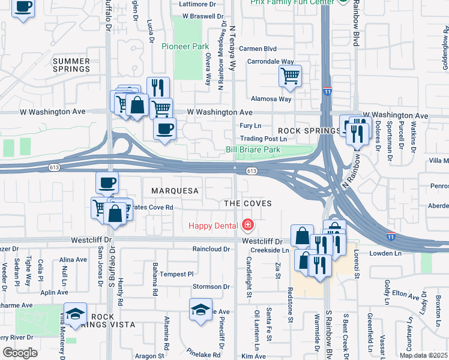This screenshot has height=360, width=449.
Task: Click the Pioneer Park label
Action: (x=185, y=46)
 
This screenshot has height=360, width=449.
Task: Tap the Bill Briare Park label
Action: (x=253, y=149)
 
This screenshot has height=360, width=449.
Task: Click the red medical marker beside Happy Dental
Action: (x=247, y=226)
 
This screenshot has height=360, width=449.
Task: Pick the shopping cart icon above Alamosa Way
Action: (x=290, y=76)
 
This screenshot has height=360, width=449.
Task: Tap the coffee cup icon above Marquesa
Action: (x=107, y=182)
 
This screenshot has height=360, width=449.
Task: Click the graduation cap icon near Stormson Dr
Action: (x=200, y=309)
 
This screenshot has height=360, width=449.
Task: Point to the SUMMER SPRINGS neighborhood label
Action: (x=71, y=65)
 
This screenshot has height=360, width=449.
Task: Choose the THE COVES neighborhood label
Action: (x=248, y=204)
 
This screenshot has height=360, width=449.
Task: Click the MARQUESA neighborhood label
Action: (x=174, y=191)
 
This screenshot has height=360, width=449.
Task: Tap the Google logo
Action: (x=19, y=353)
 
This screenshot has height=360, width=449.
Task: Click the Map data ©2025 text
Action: (x=423, y=355)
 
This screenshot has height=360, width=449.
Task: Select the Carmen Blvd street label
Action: (x=258, y=49)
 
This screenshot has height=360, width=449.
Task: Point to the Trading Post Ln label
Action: (x=261, y=139)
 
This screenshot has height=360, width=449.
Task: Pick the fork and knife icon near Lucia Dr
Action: (x=158, y=88)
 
